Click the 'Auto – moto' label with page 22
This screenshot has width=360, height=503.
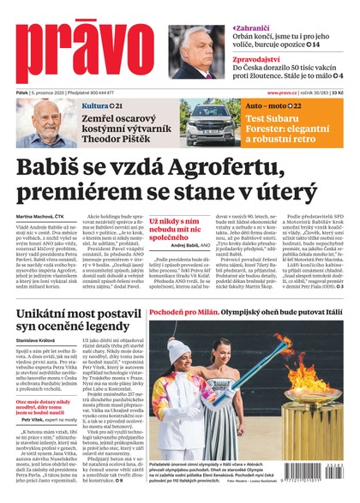(273, 105)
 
